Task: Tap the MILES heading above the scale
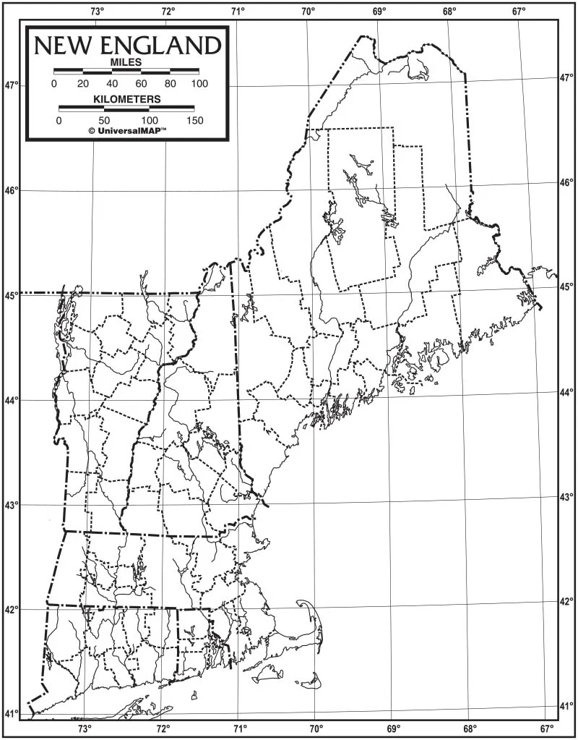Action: click(x=126, y=63)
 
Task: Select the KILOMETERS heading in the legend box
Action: click(x=126, y=98)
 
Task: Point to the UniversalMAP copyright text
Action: click(x=127, y=131)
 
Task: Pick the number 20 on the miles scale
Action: click(x=83, y=84)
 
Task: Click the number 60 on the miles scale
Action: click(x=142, y=84)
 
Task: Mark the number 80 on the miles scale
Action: click(x=171, y=84)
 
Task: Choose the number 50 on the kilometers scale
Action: click(x=104, y=120)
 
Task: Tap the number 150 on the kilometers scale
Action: click(x=194, y=120)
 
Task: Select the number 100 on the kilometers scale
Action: click(x=150, y=120)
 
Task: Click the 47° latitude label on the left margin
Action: click(x=13, y=85)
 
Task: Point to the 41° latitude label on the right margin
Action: click(x=566, y=705)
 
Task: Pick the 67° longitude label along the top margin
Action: click(x=519, y=11)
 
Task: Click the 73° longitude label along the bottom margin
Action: click(x=85, y=728)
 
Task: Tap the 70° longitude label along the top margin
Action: click(x=308, y=11)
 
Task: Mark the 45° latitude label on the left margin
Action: click(x=13, y=295)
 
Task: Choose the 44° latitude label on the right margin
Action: click(x=566, y=391)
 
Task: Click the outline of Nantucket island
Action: click(x=311, y=680)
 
